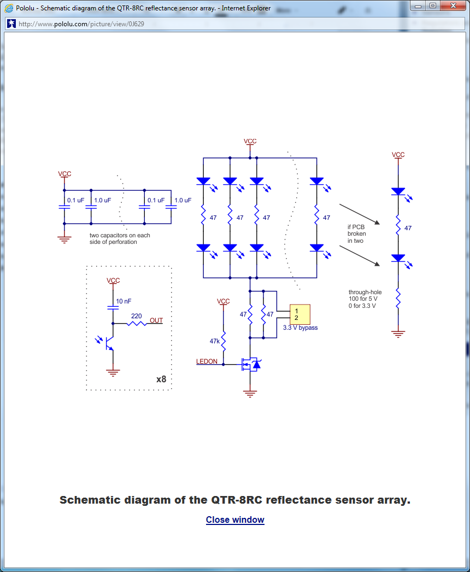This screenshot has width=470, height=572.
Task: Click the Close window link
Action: [x=235, y=520]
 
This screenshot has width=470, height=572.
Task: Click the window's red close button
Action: [x=453, y=5]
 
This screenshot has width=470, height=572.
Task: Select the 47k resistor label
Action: [x=215, y=341]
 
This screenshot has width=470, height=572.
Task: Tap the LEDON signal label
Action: [x=207, y=361]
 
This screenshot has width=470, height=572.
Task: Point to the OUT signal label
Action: [x=156, y=320]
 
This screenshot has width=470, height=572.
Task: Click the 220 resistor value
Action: [x=137, y=316]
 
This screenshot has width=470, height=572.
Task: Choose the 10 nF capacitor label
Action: [x=124, y=301]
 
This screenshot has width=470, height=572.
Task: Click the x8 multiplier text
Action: [x=161, y=379]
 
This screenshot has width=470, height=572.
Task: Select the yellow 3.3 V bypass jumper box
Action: [x=299, y=314]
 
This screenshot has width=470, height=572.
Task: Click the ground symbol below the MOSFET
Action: [x=250, y=393]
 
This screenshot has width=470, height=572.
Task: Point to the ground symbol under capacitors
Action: [x=64, y=238]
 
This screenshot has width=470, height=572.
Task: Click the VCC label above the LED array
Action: [x=250, y=141]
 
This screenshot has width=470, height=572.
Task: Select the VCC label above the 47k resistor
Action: [x=223, y=301]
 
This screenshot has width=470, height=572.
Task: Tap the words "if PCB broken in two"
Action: [x=356, y=234]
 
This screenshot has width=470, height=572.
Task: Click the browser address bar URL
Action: [x=81, y=24]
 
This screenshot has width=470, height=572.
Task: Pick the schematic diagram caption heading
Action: [x=235, y=500]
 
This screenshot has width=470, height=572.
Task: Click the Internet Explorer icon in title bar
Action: [x=9, y=8]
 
